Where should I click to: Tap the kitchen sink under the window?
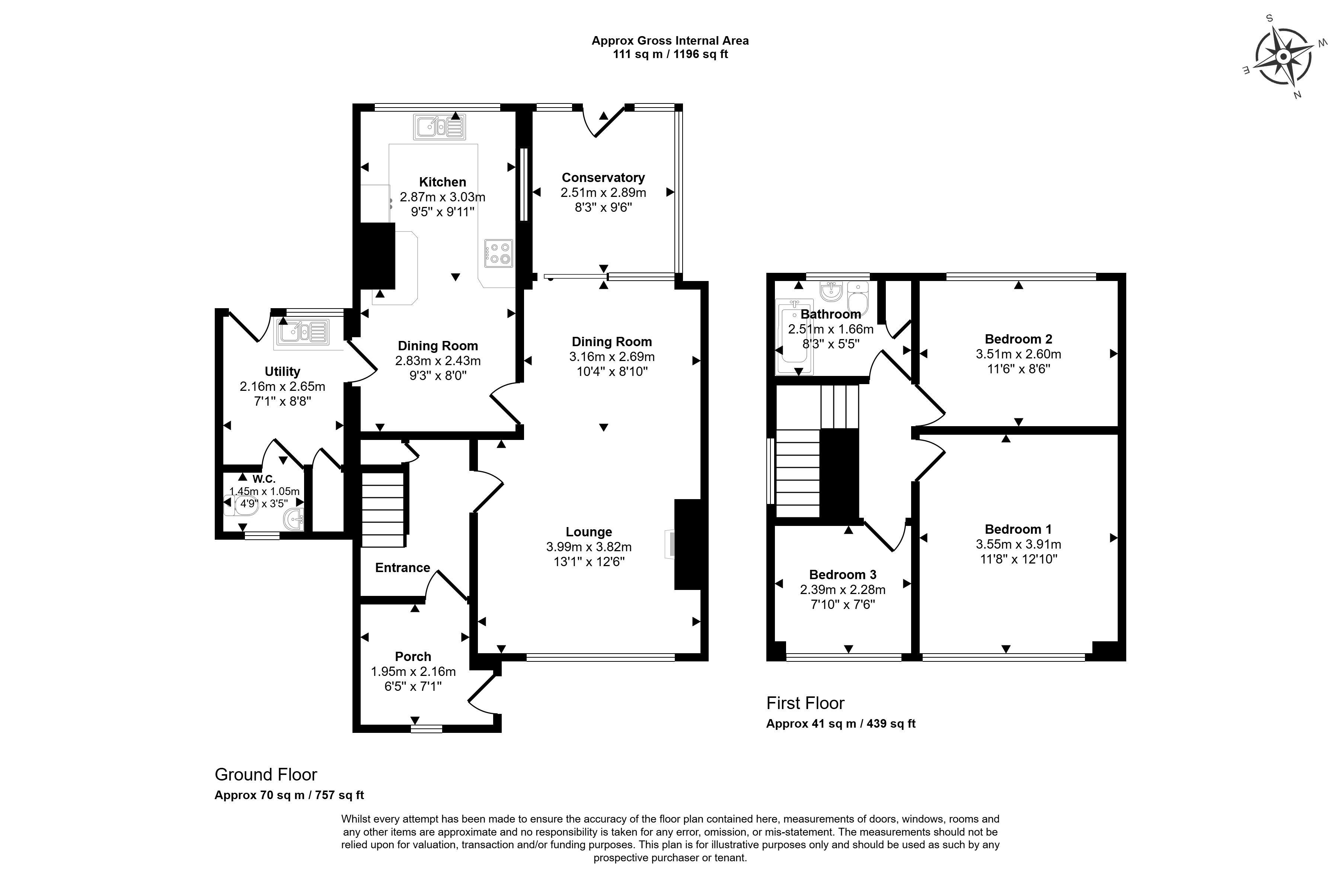click(x=440, y=127)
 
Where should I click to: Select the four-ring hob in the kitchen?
click(x=499, y=253)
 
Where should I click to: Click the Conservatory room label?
click(x=603, y=178)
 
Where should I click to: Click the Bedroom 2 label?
click(x=1018, y=339)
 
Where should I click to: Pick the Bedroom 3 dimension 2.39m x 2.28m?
click(x=842, y=590)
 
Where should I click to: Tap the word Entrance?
click(x=402, y=568)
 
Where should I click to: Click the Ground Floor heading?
click(x=266, y=775)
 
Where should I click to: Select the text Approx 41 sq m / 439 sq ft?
click(x=841, y=724)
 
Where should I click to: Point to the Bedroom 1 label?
click(x=1018, y=530)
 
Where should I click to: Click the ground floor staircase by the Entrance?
click(x=383, y=510)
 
